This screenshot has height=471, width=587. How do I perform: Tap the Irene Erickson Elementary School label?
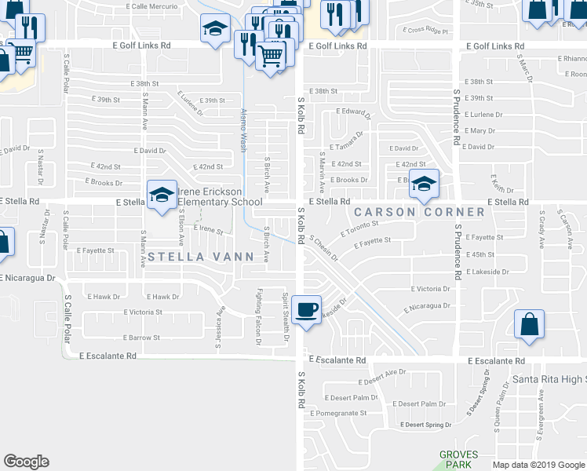point(221,196)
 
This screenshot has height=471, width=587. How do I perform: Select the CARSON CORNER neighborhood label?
point(419,212)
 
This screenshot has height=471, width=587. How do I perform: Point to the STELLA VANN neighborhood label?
point(201,256)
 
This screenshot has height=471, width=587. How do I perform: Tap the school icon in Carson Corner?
point(424,184)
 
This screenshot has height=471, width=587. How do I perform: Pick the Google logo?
point(26,461)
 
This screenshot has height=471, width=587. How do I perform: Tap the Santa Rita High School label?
point(549,380)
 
